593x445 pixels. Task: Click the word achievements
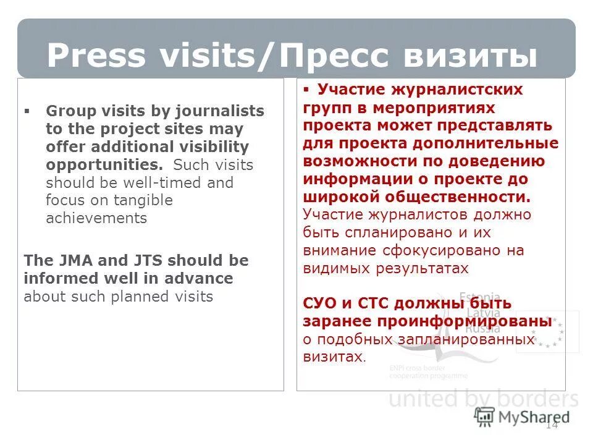pyautogui.click(x=96, y=218)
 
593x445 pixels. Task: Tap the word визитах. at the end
pyautogui.click(x=334, y=357)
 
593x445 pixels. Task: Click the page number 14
pyautogui.click(x=552, y=425)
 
